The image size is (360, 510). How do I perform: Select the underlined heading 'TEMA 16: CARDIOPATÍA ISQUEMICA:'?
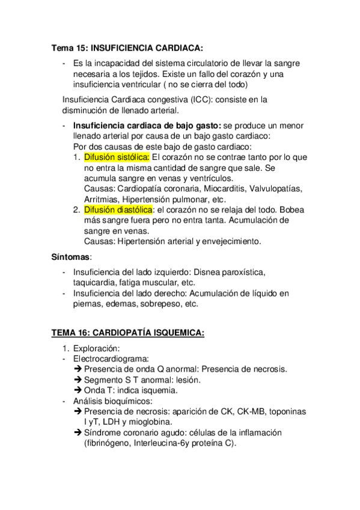click(127, 333)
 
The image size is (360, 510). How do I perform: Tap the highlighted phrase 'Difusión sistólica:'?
click(117, 157)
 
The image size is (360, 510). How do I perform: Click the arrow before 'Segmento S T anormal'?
click(78, 379)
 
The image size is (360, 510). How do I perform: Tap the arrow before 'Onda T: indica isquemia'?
click(78, 390)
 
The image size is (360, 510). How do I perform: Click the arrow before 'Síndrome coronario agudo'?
click(78, 432)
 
